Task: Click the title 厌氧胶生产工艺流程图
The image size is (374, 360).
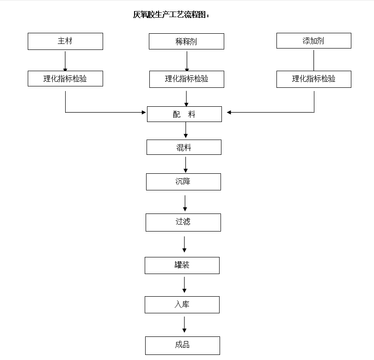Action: (171, 15)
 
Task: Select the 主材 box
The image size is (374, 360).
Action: (65, 41)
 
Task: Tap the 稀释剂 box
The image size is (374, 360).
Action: (186, 42)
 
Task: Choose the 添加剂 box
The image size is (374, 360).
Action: (313, 41)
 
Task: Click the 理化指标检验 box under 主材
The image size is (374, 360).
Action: (65, 79)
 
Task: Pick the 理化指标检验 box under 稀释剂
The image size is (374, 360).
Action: (186, 79)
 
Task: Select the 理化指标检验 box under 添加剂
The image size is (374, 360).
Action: (313, 79)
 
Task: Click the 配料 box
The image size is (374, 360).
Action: (184, 114)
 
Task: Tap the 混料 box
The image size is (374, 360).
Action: (184, 147)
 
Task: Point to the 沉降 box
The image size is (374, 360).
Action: (183, 182)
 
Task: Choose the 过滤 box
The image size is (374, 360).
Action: (183, 222)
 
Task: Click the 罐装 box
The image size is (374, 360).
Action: (182, 265)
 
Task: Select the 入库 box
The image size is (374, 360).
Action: (182, 305)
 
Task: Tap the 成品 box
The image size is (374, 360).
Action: (182, 345)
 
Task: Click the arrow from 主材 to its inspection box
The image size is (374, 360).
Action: (65, 60)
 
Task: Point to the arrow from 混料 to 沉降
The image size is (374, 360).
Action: (185, 165)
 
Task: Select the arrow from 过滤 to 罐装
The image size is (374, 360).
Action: (184, 244)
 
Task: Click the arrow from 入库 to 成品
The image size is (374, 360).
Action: (184, 324)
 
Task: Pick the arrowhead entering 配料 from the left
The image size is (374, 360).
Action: (143, 112)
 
